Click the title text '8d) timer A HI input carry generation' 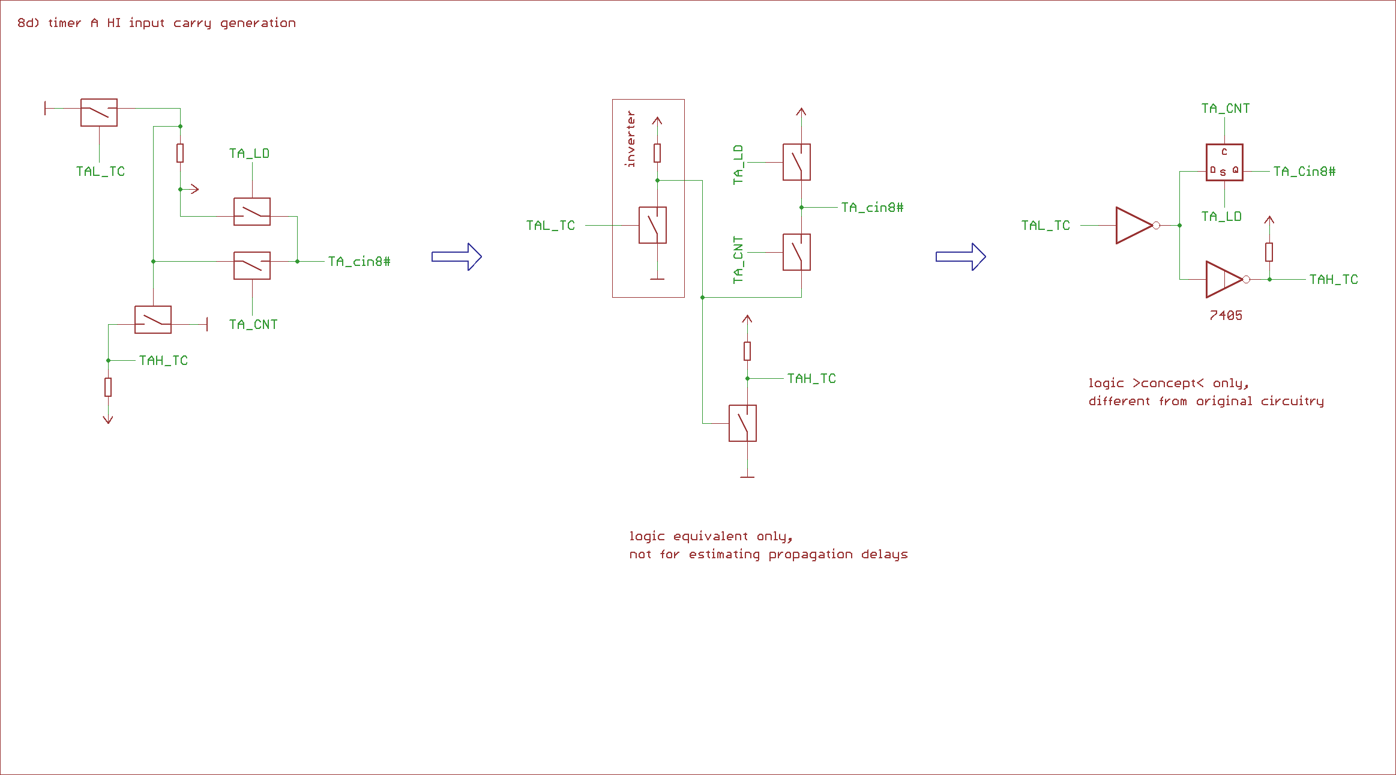[x=156, y=23]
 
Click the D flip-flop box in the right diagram [x=1224, y=162]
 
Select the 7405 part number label [x=1226, y=315]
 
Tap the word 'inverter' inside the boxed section [x=630, y=139]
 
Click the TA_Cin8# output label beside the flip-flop [x=1304, y=172]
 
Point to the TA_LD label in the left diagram [x=249, y=154]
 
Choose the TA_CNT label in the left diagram [x=253, y=325]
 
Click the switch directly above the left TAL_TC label [x=99, y=112]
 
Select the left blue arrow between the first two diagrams [x=457, y=257]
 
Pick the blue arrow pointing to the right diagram [x=961, y=257]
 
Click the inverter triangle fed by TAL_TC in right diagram [x=1134, y=226]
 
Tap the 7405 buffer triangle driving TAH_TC [x=1223, y=280]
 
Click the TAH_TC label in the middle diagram [x=811, y=379]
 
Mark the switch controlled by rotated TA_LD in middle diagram [x=796, y=162]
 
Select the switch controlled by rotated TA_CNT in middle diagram [x=796, y=252]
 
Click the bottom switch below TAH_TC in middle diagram [x=742, y=423]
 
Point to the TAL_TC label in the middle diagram [x=550, y=226]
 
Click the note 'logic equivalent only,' [x=711, y=536]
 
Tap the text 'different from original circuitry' [x=1206, y=401]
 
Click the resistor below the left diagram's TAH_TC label [x=108, y=387]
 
